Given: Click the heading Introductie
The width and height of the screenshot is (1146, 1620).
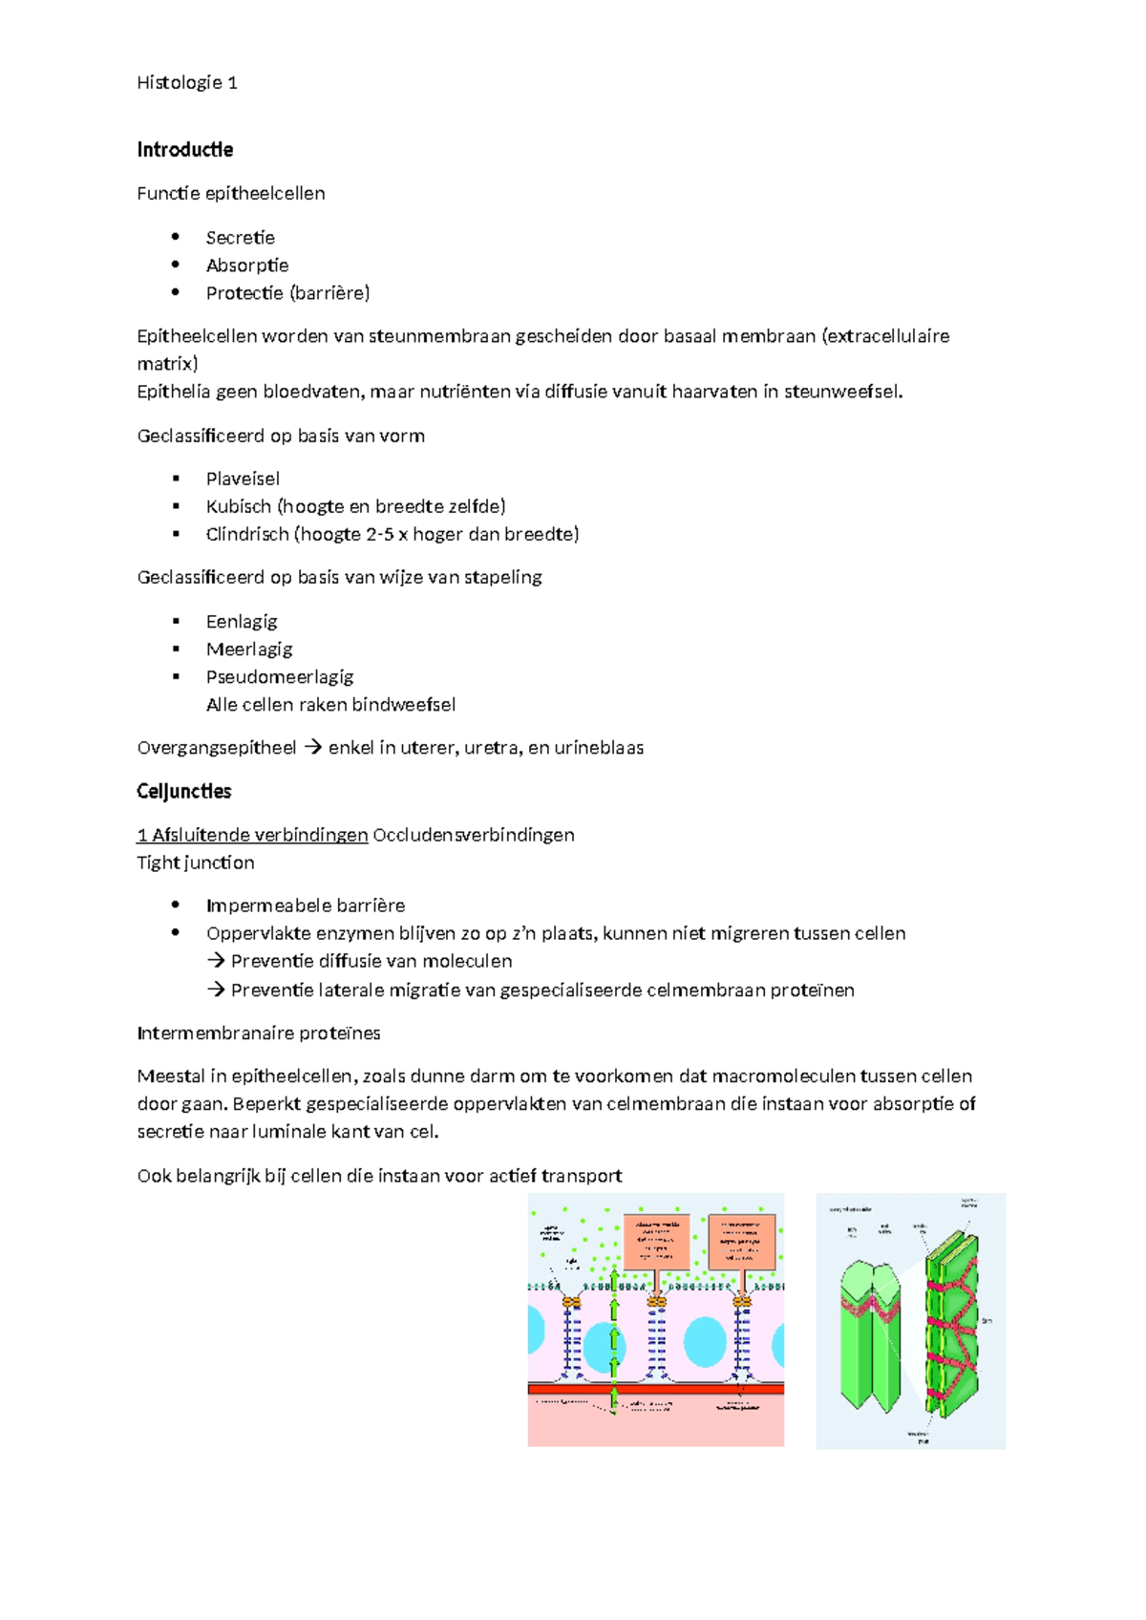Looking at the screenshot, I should [x=184, y=150].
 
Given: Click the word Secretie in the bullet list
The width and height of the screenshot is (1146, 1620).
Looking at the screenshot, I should [x=240, y=238].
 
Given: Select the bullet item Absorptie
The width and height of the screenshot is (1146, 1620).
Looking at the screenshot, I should [x=246, y=266].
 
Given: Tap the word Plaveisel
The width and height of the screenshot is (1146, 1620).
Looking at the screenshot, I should [x=243, y=479].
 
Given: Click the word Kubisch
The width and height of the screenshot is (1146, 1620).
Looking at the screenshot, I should [x=238, y=506].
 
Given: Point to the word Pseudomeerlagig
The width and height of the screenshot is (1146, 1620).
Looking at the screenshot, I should [x=279, y=677].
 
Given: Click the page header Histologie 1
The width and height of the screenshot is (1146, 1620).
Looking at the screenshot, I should [x=187, y=83].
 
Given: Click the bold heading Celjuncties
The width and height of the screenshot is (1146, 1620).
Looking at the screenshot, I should [x=183, y=792].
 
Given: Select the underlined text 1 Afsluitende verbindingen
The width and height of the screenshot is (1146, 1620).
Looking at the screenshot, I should [x=252, y=835].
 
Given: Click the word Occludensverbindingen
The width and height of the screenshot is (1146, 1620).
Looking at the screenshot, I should [x=473, y=835].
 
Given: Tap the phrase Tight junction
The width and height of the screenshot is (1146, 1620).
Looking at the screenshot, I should [x=196, y=863].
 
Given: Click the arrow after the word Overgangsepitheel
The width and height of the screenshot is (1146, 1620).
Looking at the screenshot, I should [x=312, y=748].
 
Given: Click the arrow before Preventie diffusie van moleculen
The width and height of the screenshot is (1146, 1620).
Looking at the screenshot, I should [x=216, y=961].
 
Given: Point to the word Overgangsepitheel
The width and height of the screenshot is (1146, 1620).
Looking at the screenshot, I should [x=217, y=748].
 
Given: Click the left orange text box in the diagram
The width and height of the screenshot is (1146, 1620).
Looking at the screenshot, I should [x=656, y=1241].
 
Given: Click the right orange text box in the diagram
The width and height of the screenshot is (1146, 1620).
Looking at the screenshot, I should [x=741, y=1241].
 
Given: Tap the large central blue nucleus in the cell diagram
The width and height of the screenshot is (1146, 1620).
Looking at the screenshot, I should [x=705, y=1340].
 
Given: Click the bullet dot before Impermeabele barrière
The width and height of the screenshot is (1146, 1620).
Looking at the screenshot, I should [x=176, y=905].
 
